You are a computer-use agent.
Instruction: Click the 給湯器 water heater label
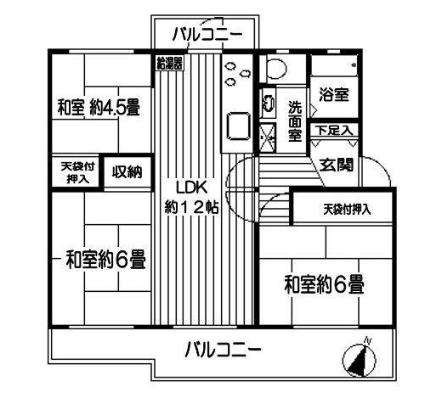pos(170,63)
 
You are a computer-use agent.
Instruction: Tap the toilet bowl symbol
pos(276,69)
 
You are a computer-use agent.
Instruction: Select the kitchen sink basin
pos(239,126)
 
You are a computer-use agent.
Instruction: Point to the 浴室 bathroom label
pos(334,94)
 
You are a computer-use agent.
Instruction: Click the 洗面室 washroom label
pos(295,121)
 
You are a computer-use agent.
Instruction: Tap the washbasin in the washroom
pos(268,103)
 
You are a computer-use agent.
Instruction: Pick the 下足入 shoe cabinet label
pos(335,131)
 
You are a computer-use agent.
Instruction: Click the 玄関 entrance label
pos(337,165)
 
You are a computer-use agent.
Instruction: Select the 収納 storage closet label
pos(127,171)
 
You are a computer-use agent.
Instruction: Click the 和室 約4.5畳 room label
pos(99,107)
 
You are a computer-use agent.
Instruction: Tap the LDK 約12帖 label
pos(191,198)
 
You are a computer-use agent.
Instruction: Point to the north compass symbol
pos(359,359)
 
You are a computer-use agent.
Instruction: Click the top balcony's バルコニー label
pos(207,35)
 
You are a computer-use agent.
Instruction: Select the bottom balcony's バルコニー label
pos(223,350)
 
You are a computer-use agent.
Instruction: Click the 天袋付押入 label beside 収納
pos(78,172)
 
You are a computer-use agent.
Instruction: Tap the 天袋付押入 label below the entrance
pos(347,210)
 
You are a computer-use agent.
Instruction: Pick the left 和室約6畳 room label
pos(106,259)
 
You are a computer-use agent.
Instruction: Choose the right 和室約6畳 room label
pos(325,284)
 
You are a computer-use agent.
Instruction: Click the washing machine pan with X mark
pos(268,137)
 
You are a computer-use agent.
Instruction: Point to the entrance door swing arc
pos(380,169)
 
